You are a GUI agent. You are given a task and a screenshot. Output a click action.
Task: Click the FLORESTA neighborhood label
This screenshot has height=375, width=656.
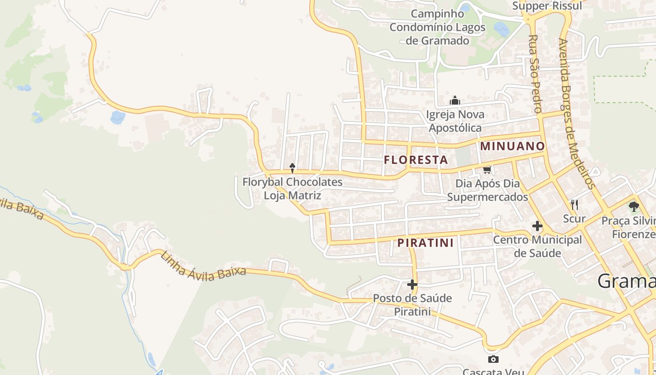coord(416,160)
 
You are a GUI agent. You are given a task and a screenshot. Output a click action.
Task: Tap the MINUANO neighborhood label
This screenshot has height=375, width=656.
coord(513,146)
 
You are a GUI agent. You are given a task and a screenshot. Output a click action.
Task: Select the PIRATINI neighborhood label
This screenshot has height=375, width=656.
coord(425,243)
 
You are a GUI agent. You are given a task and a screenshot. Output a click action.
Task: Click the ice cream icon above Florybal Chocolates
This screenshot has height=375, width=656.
coord(292,168)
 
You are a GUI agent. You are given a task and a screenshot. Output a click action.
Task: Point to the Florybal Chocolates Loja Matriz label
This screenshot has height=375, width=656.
coord(292,188)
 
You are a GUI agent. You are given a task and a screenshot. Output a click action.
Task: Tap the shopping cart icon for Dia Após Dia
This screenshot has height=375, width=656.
coord(487,170)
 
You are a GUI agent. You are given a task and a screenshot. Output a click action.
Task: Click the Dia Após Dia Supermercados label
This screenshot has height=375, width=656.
coord(487,190)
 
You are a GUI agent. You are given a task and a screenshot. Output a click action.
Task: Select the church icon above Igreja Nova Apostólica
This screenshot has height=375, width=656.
coord(455,101)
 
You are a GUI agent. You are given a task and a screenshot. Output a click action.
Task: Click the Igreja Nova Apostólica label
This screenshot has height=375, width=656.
coord(455,121)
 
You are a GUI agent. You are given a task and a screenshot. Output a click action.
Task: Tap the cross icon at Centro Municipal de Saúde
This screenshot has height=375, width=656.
coord(537,226)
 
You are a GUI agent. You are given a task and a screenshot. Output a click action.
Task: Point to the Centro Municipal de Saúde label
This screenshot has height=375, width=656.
coord(537,247)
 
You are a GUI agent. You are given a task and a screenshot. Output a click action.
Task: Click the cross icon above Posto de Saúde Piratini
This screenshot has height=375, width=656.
coord(412,285)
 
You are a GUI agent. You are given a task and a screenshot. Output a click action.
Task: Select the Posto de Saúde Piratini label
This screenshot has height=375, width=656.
coord(412,305)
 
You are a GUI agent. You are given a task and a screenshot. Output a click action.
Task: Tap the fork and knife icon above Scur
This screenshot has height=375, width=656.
coord(574,204)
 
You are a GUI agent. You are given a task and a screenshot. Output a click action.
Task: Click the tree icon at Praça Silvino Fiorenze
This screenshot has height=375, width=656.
coord(634,206)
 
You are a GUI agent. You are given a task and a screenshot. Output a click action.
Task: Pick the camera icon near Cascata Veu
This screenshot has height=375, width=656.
coord(493,360)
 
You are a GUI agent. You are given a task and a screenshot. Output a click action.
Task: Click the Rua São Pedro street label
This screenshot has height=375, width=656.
coord(535,74)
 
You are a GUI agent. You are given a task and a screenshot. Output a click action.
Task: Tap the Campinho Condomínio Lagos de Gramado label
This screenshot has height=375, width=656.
coord(438,27)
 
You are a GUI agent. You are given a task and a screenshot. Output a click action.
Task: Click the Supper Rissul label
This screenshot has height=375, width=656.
coord(547,6)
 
